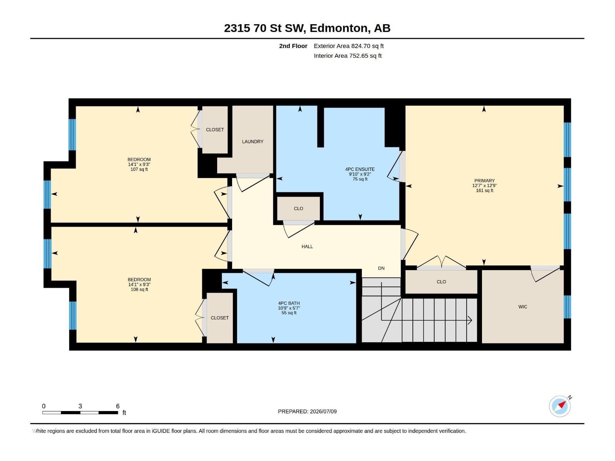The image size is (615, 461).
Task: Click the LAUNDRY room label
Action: click(x=253, y=142)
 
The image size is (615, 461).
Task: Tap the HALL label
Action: click(x=307, y=247)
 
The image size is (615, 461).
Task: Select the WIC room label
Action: click(x=522, y=307)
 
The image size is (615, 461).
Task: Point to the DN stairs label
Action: click(x=381, y=268)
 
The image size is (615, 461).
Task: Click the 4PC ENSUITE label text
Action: click(x=360, y=169)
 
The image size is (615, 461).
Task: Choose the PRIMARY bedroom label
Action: click(x=484, y=181)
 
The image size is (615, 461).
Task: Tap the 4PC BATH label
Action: click(x=289, y=303)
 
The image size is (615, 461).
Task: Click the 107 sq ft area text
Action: click(x=139, y=169)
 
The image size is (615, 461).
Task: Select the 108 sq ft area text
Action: click(x=139, y=289)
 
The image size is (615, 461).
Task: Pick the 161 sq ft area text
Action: click(x=484, y=191)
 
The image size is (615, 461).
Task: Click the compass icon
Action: click(x=560, y=406)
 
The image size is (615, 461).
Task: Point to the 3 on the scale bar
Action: click(x=80, y=406)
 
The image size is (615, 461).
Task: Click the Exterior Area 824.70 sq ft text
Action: click(x=349, y=46)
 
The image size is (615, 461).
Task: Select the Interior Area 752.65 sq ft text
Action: click(x=347, y=56)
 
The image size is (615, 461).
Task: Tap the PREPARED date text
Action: click(x=307, y=411)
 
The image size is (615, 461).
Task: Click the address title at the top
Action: click(x=307, y=28)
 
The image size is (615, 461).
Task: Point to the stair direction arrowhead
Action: click(x=470, y=320)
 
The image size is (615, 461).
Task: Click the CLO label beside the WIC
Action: click(x=441, y=282)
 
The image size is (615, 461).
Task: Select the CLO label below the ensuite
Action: click(x=298, y=209)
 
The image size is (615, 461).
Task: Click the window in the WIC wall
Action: click(x=567, y=307)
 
